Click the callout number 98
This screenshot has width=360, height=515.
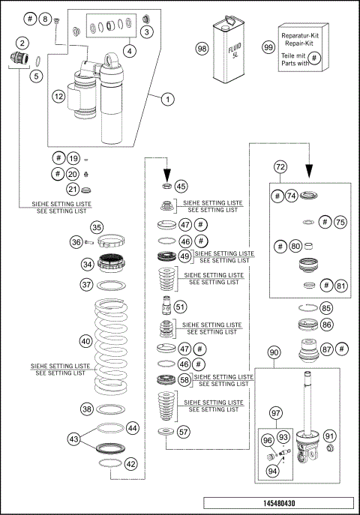coord(202,48)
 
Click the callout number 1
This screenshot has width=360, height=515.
coord(167,98)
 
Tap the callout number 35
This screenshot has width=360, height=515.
coord(96,228)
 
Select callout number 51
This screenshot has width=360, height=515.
coord(180,306)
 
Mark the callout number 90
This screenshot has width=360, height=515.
coord(274,352)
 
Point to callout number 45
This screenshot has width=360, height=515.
coord(181,186)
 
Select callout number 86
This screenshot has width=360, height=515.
coord(326,325)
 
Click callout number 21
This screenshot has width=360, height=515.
coord(73,189)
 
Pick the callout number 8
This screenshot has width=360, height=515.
coord(43,19)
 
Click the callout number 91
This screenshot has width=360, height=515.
coord(330,436)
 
